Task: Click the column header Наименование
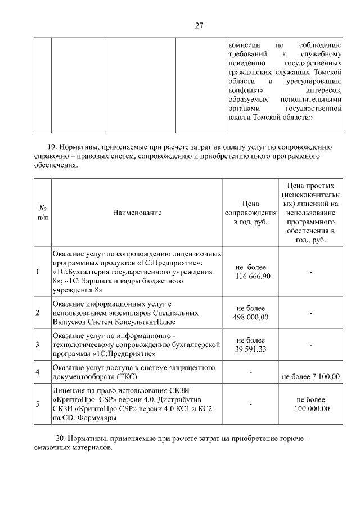(x=137, y=213)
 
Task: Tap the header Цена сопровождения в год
(x=250, y=213)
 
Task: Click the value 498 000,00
(x=250, y=317)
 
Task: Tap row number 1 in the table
(x=38, y=272)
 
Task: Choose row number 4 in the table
(x=38, y=372)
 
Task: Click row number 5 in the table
(x=38, y=404)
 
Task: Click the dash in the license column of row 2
(x=310, y=313)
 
